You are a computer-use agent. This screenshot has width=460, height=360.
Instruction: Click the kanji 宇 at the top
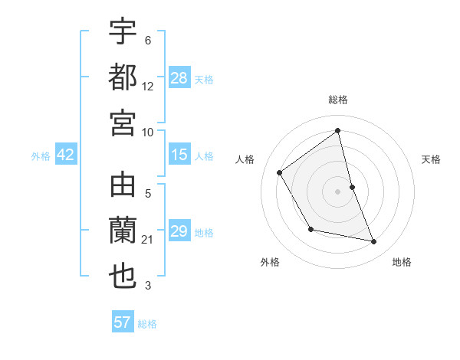pyautogui.click(x=123, y=31)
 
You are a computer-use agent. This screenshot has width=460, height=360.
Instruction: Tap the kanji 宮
pyautogui.click(x=123, y=122)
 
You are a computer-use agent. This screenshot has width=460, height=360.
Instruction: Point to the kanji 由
pyautogui.click(x=123, y=186)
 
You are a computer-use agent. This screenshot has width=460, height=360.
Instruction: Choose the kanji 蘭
pyautogui.click(x=123, y=231)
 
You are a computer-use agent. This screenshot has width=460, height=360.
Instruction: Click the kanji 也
pyautogui.click(x=123, y=277)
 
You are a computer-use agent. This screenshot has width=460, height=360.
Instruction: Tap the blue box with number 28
pyautogui.click(x=179, y=78)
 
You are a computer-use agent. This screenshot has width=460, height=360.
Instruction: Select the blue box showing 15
pyautogui.click(x=179, y=155)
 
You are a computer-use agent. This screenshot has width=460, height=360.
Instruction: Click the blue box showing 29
pyautogui.click(x=179, y=231)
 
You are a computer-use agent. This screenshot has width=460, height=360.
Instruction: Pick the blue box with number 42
pyautogui.click(x=66, y=155)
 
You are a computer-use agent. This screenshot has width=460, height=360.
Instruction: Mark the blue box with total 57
pyautogui.click(x=123, y=322)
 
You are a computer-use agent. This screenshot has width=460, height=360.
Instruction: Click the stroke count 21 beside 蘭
pyautogui.click(x=148, y=241)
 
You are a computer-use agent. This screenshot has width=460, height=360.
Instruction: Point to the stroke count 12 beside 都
pyautogui.click(x=148, y=87)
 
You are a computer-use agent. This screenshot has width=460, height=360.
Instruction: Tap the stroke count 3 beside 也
pyautogui.click(x=148, y=286)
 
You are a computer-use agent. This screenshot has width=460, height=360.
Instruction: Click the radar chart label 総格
pyautogui.click(x=338, y=100)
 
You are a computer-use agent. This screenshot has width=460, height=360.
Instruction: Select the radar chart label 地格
pyautogui.click(x=402, y=262)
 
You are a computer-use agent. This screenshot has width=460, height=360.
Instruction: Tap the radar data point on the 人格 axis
pyautogui.click(x=280, y=172)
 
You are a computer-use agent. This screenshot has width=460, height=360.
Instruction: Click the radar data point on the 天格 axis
pyautogui.click(x=352, y=186)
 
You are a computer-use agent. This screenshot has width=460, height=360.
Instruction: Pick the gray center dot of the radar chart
pyautogui.click(x=338, y=191)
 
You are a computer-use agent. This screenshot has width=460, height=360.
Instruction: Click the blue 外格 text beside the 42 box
pyautogui.click(x=41, y=156)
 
